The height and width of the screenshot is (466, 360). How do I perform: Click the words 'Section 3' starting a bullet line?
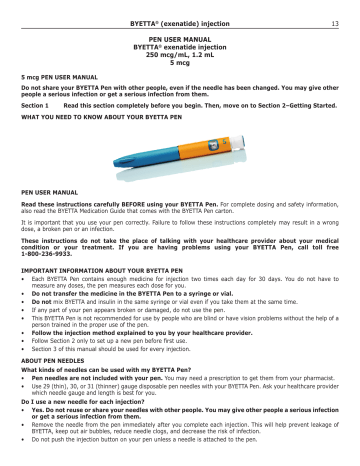pos(46,367)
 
